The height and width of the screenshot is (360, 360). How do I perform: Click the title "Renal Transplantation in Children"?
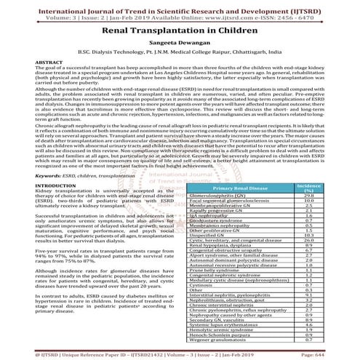(x=180, y=33)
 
